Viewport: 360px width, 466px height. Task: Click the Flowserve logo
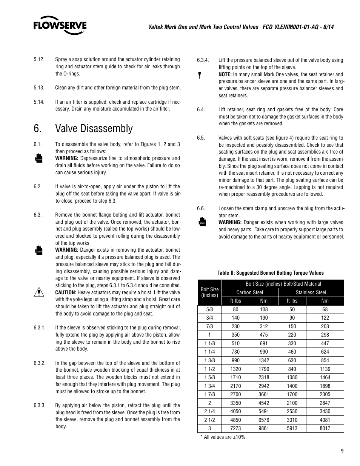(x=60, y=25)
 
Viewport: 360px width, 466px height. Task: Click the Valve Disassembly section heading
(x=94, y=128)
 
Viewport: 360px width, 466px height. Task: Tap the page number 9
(x=342, y=451)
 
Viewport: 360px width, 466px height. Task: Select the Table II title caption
(x=271, y=273)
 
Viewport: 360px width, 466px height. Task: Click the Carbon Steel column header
(x=249, y=292)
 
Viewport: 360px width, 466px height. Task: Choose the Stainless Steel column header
(x=311, y=292)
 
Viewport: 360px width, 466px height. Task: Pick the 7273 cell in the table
(x=235, y=428)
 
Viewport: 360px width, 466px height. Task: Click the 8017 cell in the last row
(x=325, y=428)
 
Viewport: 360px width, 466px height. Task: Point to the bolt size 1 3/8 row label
(x=209, y=360)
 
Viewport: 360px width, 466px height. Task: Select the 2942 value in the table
(x=264, y=386)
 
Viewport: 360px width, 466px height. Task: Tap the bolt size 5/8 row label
(x=209, y=309)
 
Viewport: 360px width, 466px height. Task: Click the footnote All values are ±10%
(x=223, y=437)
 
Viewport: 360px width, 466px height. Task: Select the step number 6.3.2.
(x=40, y=363)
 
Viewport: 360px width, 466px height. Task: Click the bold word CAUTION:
(x=66, y=292)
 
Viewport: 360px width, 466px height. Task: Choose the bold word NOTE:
(x=225, y=74)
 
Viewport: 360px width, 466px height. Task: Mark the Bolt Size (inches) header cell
(x=209, y=292)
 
